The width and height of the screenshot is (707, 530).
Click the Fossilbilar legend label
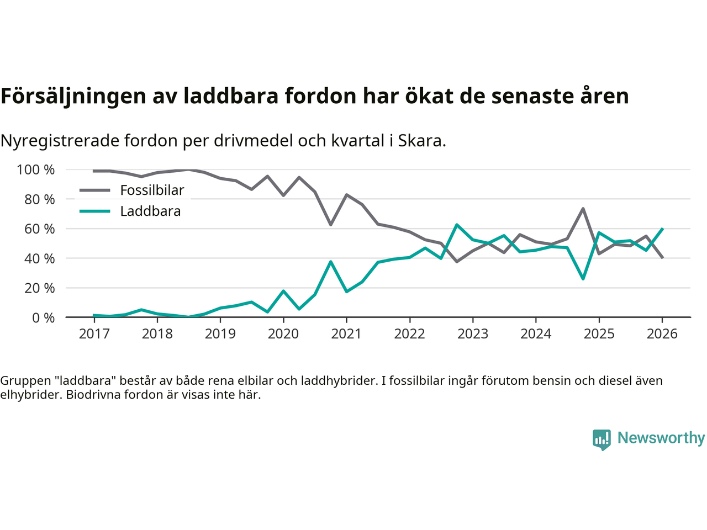point(152,190)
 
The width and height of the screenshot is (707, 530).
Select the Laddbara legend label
point(150,211)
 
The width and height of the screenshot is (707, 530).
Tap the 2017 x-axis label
point(94,334)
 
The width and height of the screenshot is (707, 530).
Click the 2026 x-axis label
point(662,334)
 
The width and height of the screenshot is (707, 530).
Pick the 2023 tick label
point(473,334)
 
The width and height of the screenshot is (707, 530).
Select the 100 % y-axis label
point(36,170)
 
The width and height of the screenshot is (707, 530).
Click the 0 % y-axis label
point(43,318)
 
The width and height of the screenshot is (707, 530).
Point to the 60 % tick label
point(40,229)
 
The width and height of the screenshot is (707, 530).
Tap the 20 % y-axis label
point(40,288)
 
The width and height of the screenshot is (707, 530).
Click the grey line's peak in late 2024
point(583,209)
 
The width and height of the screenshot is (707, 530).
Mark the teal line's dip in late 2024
point(583,279)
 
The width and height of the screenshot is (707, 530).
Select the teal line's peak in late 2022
point(457,225)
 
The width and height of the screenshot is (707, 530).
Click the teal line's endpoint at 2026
point(662,229)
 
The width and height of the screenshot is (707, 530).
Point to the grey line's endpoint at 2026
point(662,257)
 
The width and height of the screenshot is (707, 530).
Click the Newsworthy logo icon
point(602,439)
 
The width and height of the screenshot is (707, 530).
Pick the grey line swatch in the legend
point(95,190)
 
